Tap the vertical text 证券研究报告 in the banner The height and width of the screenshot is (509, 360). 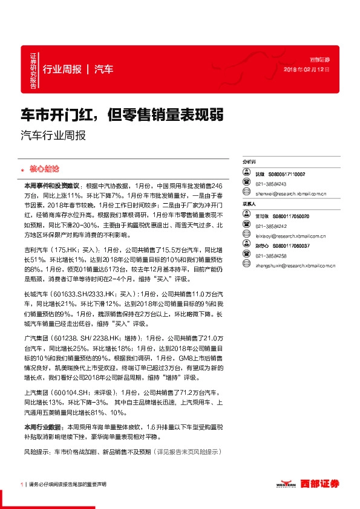pyautogui.click(x=33, y=71)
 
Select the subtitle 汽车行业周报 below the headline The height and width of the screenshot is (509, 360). pyautogui.click(x=53, y=135)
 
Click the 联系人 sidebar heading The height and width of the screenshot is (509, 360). pyautogui.click(x=249, y=204)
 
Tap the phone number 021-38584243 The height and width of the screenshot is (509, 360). pyautogui.click(x=270, y=184)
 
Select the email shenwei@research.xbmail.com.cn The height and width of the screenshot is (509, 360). pyautogui.click(x=291, y=194)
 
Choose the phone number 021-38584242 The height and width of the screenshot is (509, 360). pyautogui.click(x=270, y=225)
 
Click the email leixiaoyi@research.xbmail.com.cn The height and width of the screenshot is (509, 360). pyautogui.click(x=291, y=236)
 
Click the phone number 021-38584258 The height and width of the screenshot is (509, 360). pyautogui.click(x=270, y=256)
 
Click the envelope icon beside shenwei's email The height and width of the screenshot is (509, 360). pyautogui.click(x=246, y=194)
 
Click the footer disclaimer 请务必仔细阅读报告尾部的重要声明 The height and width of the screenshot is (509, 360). pyautogui.click(x=67, y=484)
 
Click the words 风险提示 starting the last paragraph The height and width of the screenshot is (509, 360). pyautogui.click(x=36, y=452)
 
